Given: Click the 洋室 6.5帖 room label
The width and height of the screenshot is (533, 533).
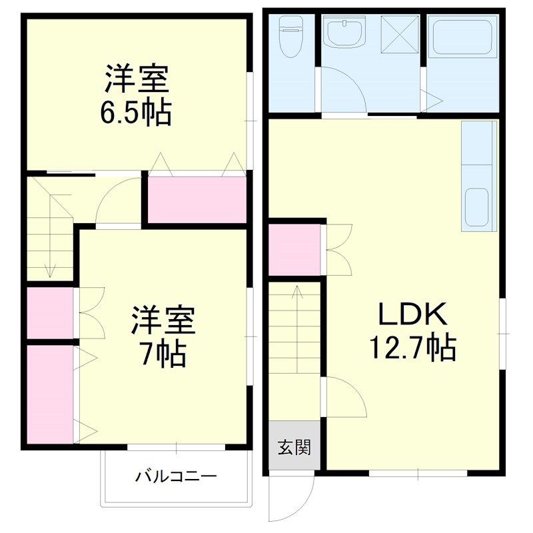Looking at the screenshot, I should (137, 95).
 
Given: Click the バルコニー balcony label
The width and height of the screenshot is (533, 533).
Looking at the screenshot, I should (177, 476).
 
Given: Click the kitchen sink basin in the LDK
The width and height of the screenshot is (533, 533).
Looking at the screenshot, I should (477, 207).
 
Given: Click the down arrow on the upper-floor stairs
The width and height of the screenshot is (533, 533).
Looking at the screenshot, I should (49, 270).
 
